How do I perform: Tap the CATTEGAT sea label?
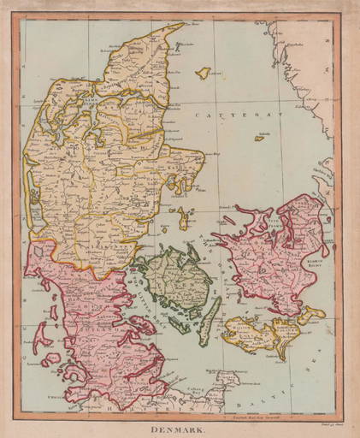220,114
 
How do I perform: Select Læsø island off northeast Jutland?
203,74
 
